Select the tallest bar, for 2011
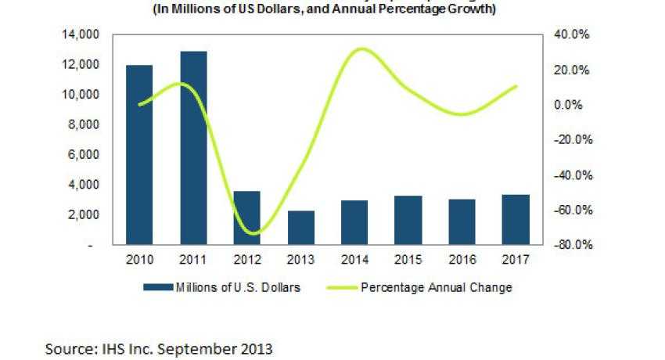[x=193, y=148]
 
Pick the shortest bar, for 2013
[x=301, y=228]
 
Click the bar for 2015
[x=409, y=220]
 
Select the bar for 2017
[x=516, y=219]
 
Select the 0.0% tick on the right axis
[x=573, y=105]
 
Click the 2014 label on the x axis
[x=355, y=259]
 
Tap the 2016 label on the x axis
[x=462, y=259]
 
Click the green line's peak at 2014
[x=358, y=49]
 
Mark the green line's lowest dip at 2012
[x=253, y=233]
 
